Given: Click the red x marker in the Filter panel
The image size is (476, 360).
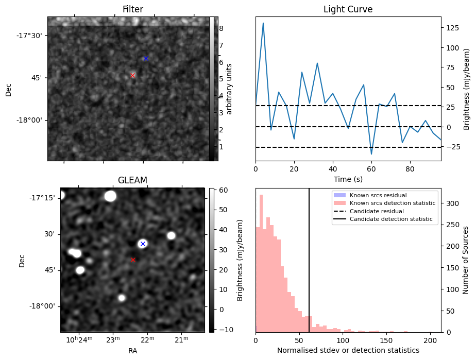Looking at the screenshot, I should (132, 75).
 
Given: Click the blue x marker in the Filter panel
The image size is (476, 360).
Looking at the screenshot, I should (146, 58).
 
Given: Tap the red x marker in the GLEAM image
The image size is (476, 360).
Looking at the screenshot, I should (133, 260).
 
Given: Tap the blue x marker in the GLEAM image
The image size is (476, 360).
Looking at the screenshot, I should (143, 244).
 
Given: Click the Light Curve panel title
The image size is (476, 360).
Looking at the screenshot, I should (348, 9).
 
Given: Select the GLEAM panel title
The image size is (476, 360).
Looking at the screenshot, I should (132, 180).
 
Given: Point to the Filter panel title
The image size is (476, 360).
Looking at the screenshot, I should (132, 9).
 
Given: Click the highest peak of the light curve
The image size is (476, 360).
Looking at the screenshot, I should (263, 23).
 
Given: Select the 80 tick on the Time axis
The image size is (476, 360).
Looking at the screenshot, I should (410, 168).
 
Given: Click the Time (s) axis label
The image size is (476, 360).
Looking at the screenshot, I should (348, 178).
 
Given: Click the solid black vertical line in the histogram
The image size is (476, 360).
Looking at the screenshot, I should (309, 258).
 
